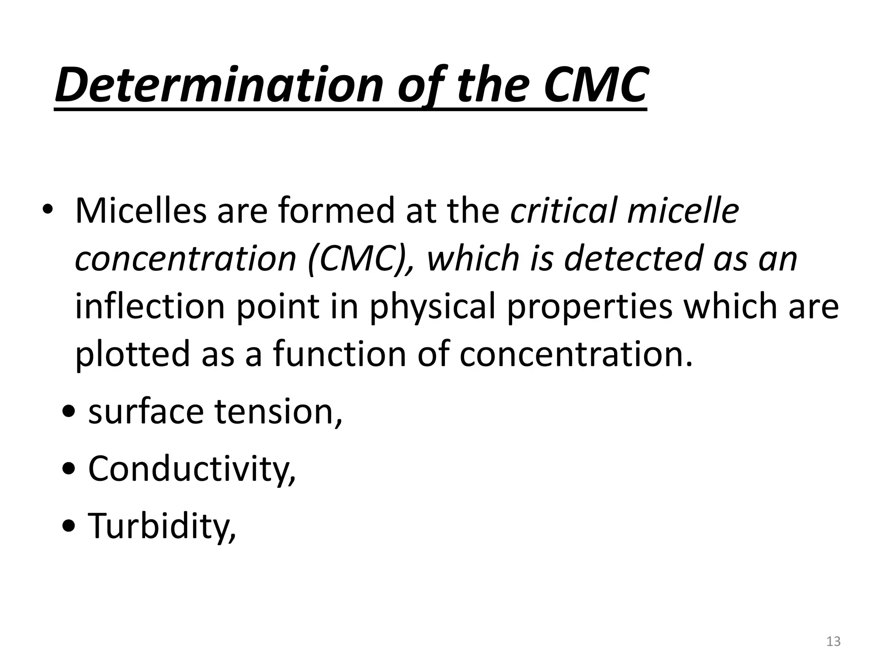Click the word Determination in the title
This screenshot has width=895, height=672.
219,85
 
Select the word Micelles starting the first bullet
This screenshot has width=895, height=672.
140,211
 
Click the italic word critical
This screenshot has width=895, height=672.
564,211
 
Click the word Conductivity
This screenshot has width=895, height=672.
191,469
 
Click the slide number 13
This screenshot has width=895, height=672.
833,641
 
